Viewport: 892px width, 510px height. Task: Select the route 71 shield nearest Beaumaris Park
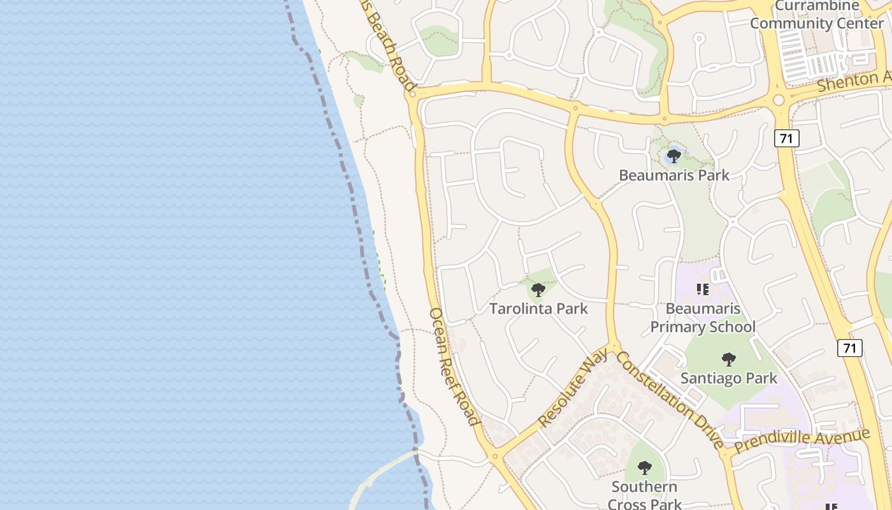(787, 138)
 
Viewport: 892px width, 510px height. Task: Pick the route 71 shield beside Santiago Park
(849, 347)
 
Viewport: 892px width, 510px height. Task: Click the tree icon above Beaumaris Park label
(674, 156)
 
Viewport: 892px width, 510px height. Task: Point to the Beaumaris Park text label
(674, 175)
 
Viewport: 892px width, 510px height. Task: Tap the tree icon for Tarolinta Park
(538, 290)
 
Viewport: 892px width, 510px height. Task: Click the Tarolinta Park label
(538, 309)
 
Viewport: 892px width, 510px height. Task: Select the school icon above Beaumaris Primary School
(703, 289)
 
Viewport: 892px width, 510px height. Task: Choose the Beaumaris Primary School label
(703, 317)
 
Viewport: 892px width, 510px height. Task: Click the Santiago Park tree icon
(729, 359)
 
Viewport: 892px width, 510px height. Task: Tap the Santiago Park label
(729, 378)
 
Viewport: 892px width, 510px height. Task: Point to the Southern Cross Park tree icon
(645, 467)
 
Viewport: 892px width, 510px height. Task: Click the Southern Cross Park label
(645, 495)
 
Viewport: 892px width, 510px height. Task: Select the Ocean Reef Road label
(454, 367)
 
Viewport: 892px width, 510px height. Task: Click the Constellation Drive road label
(670, 400)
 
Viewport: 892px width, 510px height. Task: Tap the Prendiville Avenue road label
(802, 441)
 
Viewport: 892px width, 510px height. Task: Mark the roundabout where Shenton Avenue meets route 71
(779, 100)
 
